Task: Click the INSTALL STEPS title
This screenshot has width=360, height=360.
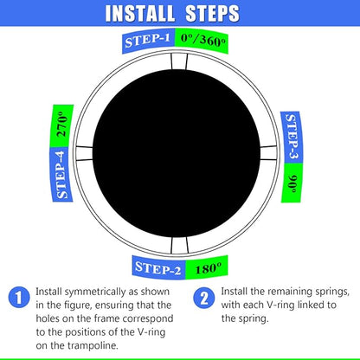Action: pyautogui.click(x=180, y=15)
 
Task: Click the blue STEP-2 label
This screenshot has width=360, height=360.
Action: pyautogui.click(x=157, y=269)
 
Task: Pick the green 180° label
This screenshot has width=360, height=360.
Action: pyautogui.click(x=206, y=267)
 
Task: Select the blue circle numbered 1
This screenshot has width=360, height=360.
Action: pyautogui.click(x=16, y=298)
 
